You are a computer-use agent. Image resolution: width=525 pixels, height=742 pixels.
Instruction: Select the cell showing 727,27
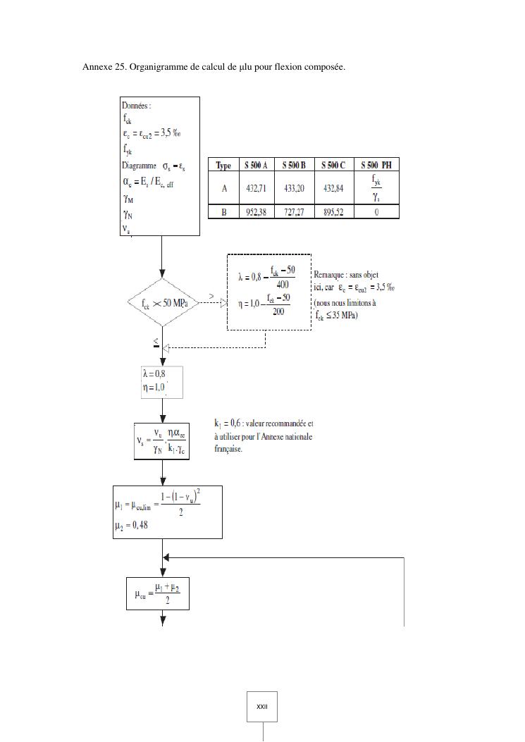click(294, 212)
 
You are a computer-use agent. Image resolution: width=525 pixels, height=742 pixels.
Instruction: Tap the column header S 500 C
click(333, 166)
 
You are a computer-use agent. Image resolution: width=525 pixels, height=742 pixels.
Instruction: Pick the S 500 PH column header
click(376, 166)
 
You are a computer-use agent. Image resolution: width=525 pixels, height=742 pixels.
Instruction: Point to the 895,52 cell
click(333, 212)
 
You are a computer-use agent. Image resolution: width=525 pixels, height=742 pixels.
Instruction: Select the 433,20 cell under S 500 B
click(294, 188)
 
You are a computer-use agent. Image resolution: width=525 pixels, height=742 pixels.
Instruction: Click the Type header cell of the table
click(223, 166)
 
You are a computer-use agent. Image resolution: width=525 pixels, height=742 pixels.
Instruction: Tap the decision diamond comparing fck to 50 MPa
click(163, 303)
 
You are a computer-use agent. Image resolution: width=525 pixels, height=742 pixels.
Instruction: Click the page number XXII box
click(262, 706)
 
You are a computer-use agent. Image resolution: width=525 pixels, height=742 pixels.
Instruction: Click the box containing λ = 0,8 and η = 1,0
click(162, 382)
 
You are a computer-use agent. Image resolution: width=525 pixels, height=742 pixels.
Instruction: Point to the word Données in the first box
click(136, 106)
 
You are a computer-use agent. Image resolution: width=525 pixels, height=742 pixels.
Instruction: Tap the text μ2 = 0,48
click(131, 525)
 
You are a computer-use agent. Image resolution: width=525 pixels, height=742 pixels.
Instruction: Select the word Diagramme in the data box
click(139, 166)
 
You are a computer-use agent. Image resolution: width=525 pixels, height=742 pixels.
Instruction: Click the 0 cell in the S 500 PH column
click(376, 212)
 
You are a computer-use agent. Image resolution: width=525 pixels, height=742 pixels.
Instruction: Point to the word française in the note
click(228, 448)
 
